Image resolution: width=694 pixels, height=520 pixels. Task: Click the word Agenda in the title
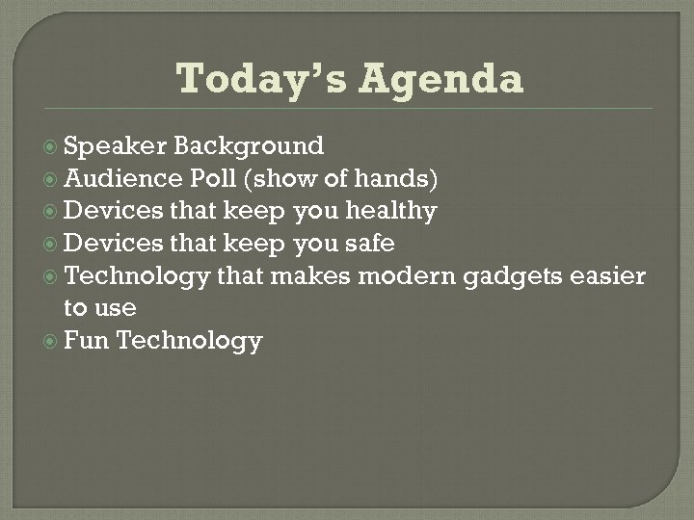[x=440, y=79]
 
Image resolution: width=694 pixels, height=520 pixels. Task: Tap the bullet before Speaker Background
[x=52, y=146]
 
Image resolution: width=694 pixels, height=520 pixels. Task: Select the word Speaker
[x=116, y=146]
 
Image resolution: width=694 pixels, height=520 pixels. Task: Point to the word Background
[x=249, y=146]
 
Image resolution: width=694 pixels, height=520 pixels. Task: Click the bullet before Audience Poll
[x=52, y=179]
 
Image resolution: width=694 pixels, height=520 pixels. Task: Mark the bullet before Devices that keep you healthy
[x=52, y=212]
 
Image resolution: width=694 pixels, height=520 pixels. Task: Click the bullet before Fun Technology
[x=52, y=342]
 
